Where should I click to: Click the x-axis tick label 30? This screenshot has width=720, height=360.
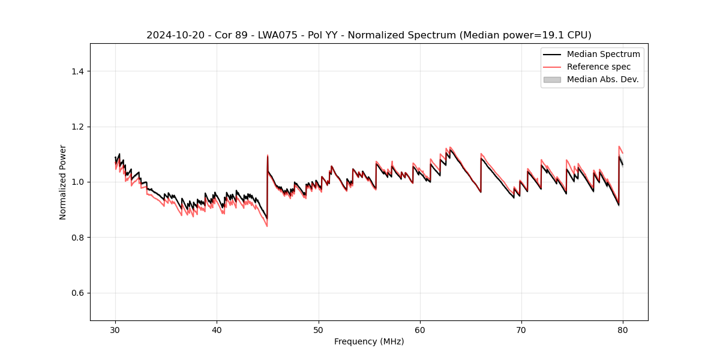pos(116,330)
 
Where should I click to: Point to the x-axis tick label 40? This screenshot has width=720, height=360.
pos(217,330)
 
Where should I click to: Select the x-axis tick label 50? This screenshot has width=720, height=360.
pos(319,330)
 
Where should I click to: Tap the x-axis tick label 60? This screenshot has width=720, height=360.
pos(420,330)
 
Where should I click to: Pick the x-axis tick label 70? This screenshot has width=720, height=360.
pos(521,330)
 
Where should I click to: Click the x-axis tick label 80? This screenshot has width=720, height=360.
pos(623,330)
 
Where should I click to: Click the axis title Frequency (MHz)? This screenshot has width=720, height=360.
pos(369,341)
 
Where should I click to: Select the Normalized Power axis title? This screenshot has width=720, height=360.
pos(63,182)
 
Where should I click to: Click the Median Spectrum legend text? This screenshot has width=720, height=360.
pos(603,54)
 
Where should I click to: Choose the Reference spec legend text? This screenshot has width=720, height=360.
pos(599,67)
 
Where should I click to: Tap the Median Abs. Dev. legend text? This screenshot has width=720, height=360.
pos(602,79)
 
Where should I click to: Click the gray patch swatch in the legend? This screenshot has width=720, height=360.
pos(552,79)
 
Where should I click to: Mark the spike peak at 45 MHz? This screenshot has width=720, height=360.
pos(268,155)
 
